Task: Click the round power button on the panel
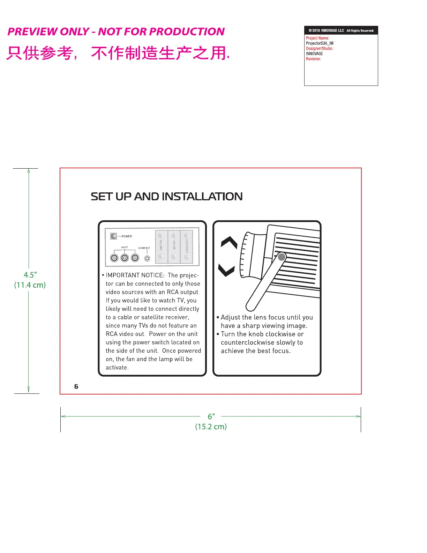tap(114, 236)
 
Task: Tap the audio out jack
tap(147, 258)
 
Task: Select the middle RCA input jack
tap(125, 258)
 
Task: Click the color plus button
tap(174, 236)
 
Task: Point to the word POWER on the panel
tap(127, 236)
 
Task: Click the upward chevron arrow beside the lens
tap(229, 242)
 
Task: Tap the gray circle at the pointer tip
tap(282, 257)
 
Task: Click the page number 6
tap(76, 386)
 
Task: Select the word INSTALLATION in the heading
tap(202, 197)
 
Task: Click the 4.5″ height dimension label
tap(30, 275)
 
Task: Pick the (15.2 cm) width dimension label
tap(211, 427)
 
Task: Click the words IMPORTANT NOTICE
tap(134, 275)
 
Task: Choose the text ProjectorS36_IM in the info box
tap(320, 43)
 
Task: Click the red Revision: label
tap(313, 59)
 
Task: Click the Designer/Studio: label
tap(319, 49)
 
